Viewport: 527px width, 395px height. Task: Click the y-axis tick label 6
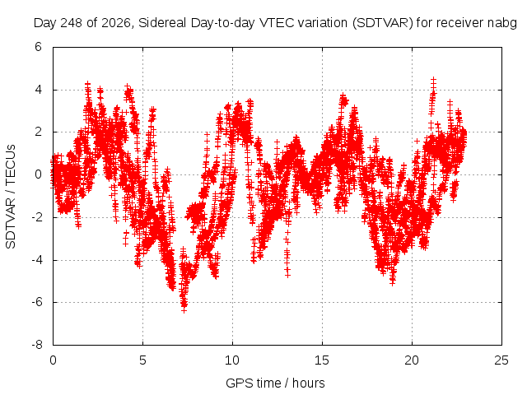click(38, 47)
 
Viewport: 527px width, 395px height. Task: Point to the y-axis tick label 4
click(38, 90)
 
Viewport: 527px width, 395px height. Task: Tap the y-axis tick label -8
click(36, 345)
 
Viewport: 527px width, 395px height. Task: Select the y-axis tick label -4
click(36, 260)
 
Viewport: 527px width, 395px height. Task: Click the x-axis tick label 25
click(501, 360)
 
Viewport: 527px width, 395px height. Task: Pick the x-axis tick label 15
click(322, 360)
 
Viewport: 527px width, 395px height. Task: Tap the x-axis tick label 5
click(142, 360)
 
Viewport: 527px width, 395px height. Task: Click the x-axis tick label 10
click(232, 360)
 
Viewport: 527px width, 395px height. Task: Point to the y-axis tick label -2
click(36, 217)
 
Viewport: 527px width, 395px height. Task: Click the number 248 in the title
click(72, 23)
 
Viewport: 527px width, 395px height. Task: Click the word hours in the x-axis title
click(308, 383)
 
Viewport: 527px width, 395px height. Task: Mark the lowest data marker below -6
click(184, 310)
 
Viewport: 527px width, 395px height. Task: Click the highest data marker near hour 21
click(434, 80)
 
